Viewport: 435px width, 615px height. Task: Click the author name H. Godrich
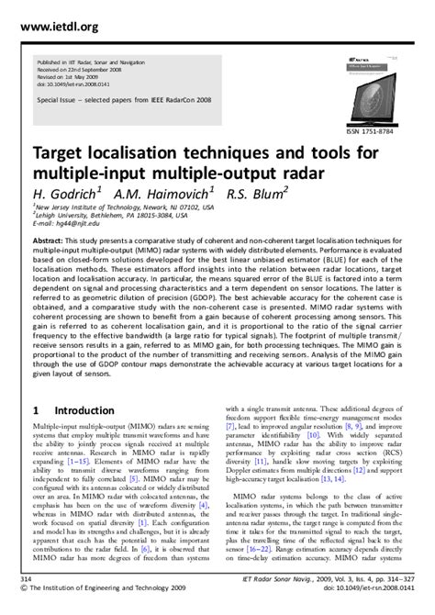point(70,194)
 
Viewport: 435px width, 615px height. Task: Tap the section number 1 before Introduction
point(36,410)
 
